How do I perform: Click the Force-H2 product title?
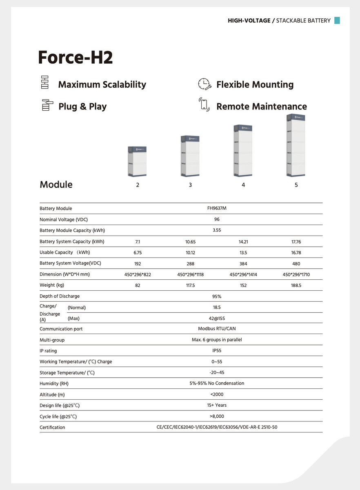coord(75,58)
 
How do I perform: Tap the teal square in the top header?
coord(337,20)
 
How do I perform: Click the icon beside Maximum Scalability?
coord(45,82)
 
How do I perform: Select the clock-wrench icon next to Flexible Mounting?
coord(204,84)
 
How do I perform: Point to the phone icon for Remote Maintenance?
coord(204,105)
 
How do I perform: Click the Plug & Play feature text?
coord(82,107)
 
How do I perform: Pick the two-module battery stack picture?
coord(138,161)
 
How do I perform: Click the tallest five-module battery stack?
coord(296,145)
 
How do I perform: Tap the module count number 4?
coord(243,185)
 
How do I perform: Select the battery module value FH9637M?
coord(217,208)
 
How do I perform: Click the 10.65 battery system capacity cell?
coord(190,242)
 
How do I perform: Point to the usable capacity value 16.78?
coord(296,253)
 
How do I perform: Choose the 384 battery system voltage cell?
coord(243,264)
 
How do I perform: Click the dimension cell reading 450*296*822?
coord(138,274)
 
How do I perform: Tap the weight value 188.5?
coord(296,285)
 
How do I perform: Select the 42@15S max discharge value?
coord(217,318)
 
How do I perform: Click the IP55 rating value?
coord(217,350)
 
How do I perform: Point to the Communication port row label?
coord(61,329)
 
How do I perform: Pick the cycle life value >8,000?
coord(217,416)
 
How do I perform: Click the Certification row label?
coord(52,428)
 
